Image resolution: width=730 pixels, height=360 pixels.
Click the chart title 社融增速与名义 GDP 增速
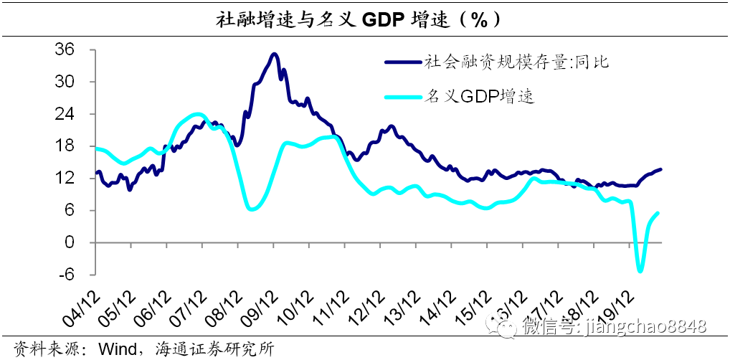(361, 19)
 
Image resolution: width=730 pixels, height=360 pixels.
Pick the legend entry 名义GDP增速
(480, 96)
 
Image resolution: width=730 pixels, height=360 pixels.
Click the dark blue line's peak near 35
(274, 54)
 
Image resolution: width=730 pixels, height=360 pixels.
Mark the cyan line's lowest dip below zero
(640, 271)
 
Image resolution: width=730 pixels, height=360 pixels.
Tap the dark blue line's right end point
(660, 169)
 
